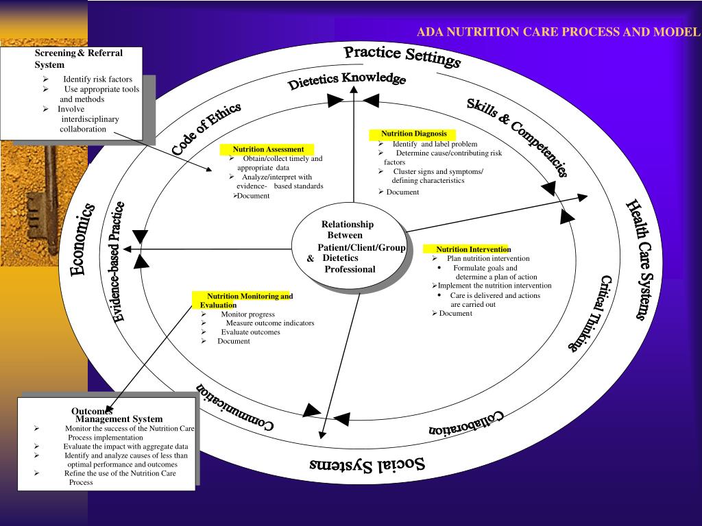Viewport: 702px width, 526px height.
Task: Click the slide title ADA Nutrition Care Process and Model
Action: tap(559, 32)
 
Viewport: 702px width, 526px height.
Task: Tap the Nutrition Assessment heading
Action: tap(268, 149)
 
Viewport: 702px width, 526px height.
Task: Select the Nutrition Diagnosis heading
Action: tap(413, 134)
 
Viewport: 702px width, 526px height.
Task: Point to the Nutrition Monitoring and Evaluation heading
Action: tap(246, 301)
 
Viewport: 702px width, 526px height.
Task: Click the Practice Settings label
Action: tap(402, 56)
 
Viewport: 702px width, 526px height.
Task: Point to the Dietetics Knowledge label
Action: tap(347, 81)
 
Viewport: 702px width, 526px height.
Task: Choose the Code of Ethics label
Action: tap(206, 129)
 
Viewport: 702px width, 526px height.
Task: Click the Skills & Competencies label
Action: tap(518, 137)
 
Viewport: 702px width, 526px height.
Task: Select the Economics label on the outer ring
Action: tap(82, 240)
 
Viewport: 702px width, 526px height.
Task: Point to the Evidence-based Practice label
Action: tap(118, 262)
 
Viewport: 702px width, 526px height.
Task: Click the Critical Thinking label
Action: tap(590, 314)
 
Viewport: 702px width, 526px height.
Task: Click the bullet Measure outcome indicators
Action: tap(270, 323)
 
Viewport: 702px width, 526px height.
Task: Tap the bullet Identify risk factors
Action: tap(98, 79)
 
